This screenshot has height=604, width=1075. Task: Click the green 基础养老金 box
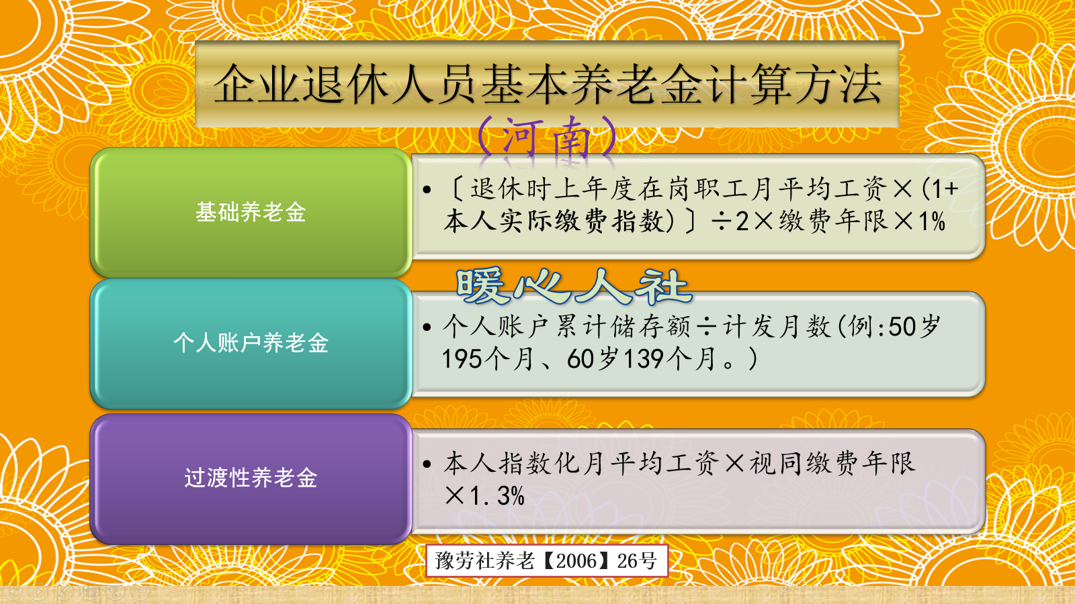click(251, 212)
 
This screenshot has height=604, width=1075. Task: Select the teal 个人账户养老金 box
click(251, 343)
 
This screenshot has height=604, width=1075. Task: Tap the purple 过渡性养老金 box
click(251, 478)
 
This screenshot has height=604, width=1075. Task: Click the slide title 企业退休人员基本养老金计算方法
click(547, 85)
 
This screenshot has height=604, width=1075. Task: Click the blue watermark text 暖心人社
click(572, 287)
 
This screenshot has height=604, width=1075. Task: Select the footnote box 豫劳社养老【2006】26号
click(546, 560)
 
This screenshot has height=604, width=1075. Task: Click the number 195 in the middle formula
click(462, 359)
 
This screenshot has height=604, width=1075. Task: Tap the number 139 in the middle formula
click(644, 359)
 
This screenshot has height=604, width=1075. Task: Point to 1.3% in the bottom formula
click(497, 496)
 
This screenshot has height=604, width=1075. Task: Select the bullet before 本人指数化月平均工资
click(427, 464)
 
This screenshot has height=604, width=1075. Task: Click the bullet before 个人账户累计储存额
click(427, 328)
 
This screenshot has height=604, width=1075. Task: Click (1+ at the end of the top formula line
click(939, 189)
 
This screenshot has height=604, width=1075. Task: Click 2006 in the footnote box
click(576, 560)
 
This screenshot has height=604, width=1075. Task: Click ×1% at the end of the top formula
click(920, 221)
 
